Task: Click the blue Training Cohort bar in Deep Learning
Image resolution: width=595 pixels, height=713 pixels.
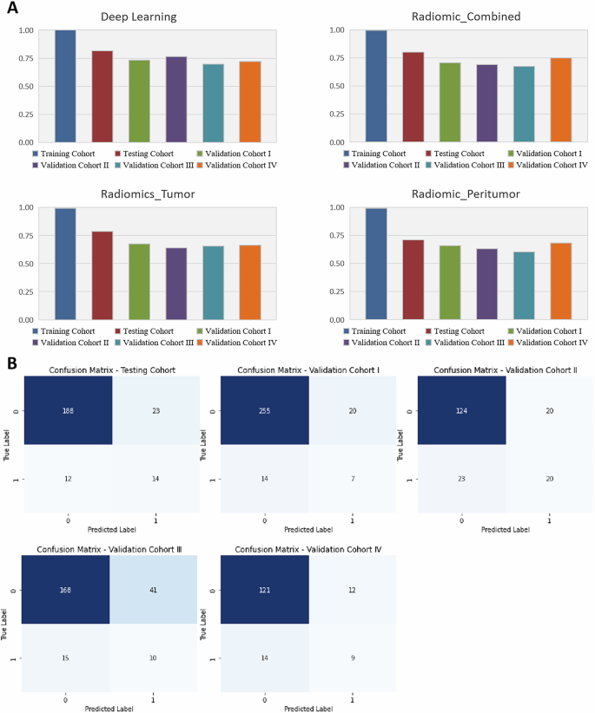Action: tap(65, 86)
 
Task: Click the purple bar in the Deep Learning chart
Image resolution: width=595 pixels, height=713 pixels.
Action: tap(177, 99)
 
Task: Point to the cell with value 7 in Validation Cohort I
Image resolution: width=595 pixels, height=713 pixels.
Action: tap(353, 479)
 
